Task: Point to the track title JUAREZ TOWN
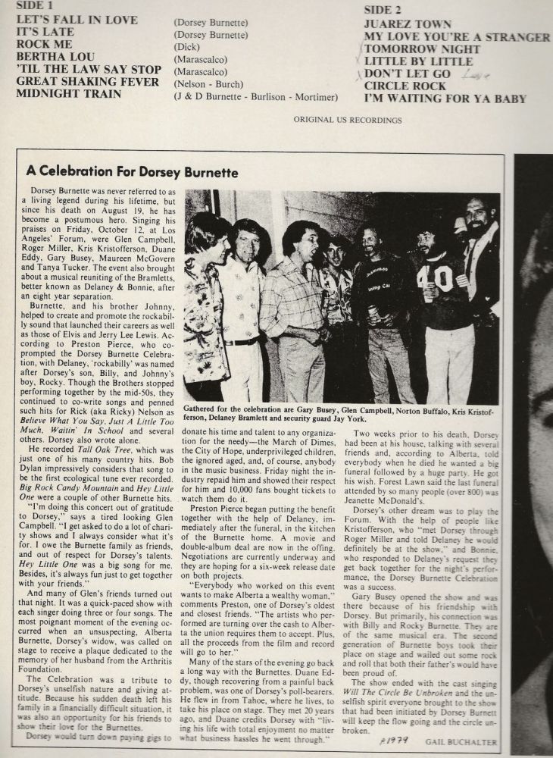pos(408,24)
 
